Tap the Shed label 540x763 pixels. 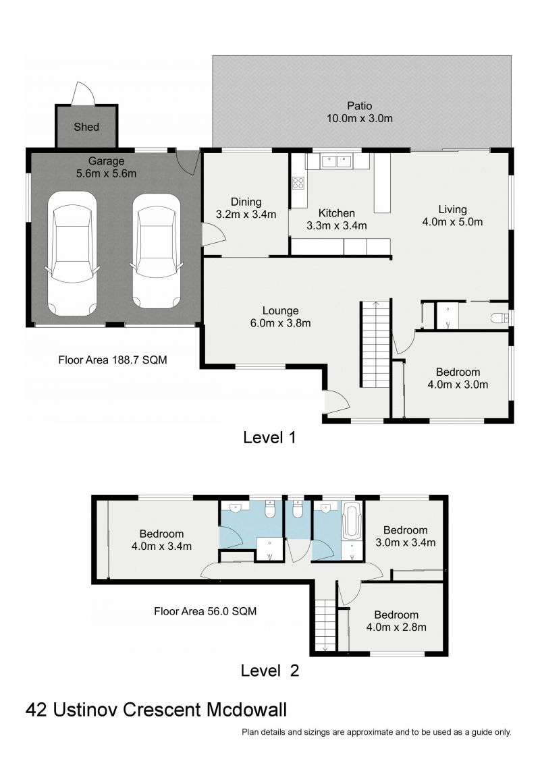click(86, 127)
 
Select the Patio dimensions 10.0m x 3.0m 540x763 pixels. click(359, 118)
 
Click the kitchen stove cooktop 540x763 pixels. click(298, 182)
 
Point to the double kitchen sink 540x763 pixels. click(336, 161)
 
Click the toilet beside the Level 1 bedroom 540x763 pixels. click(499, 317)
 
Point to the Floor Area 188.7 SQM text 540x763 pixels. click(113, 360)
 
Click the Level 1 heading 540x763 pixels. click(269, 437)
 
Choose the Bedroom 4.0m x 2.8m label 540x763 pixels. click(396, 621)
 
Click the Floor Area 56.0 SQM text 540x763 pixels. click(205, 612)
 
